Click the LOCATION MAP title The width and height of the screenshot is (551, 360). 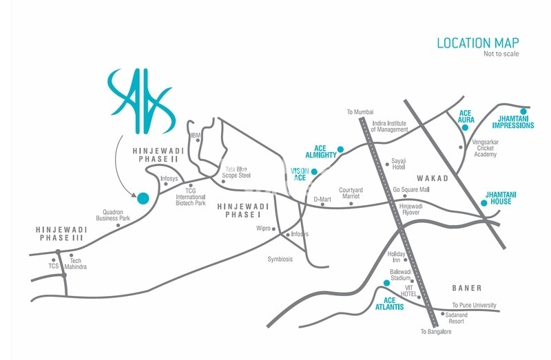coord(478,43)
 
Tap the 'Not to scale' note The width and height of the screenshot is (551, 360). coord(501,54)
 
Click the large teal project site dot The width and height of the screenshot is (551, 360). coord(143,198)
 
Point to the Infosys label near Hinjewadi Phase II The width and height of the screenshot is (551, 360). coord(169,178)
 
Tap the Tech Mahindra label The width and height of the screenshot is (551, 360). coord(78,264)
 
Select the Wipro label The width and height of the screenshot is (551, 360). coord(263,228)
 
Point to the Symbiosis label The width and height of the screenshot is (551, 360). coord(280,259)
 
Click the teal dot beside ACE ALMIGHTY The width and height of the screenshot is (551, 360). coord(341,149)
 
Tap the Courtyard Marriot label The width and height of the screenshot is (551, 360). coord(350,193)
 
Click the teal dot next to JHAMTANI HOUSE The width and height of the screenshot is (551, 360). coord(484,203)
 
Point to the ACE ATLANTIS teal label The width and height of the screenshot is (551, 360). coord(388,303)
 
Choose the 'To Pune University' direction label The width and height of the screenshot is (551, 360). coord(474,305)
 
